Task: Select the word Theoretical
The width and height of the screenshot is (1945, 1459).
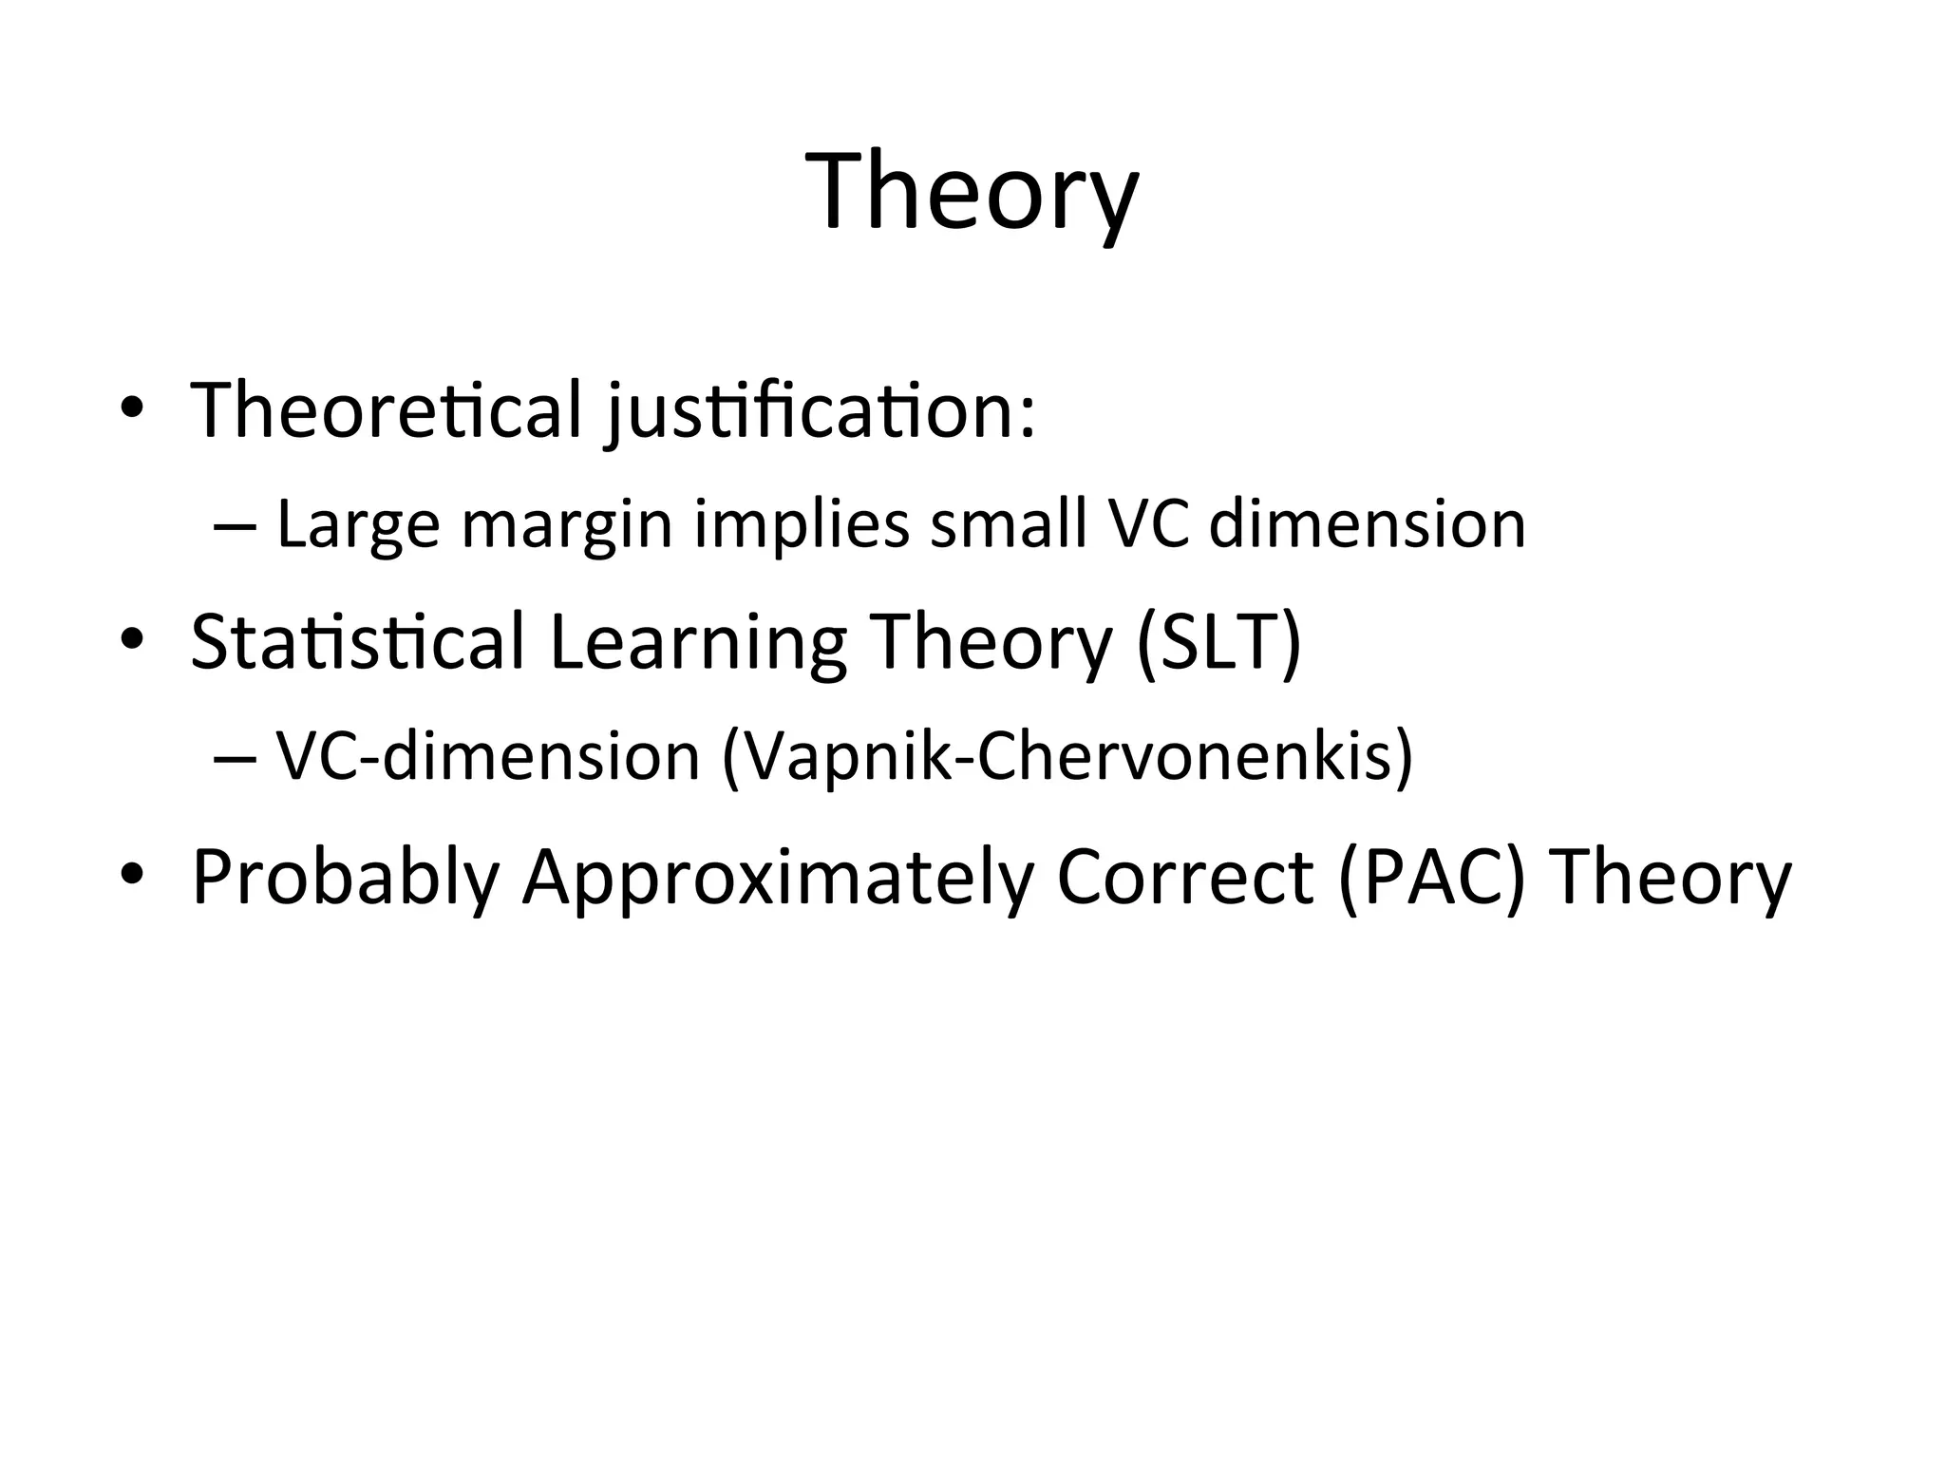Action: pyautogui.click(x=386, y=410)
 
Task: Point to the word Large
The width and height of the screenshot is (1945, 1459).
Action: pyautogui.click(x=358, y=525)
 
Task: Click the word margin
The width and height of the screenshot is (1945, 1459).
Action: pyautogui.click(x=567, y=525)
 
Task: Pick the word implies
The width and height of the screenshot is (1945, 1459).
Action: pyautogui.click(x=802, y=525)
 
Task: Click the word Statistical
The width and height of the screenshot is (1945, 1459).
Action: pyautogui.click(x=357, y=642)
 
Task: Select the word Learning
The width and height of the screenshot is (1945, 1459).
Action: pyautogui.click(x=698, y=644)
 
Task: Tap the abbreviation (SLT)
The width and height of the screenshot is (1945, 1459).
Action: pyautogui.click(x=1218, y=642)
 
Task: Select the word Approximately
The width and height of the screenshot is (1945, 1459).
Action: pyautogui.click(x=778, y=878)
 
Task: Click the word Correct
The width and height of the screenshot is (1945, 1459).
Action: pyautogui.click(x=1185, y=876)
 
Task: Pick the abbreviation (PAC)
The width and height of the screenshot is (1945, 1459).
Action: pyautogui.click(x=1431, y=876)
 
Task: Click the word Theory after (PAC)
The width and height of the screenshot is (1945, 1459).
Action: pyautogui.click(x=1671, y=878)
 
